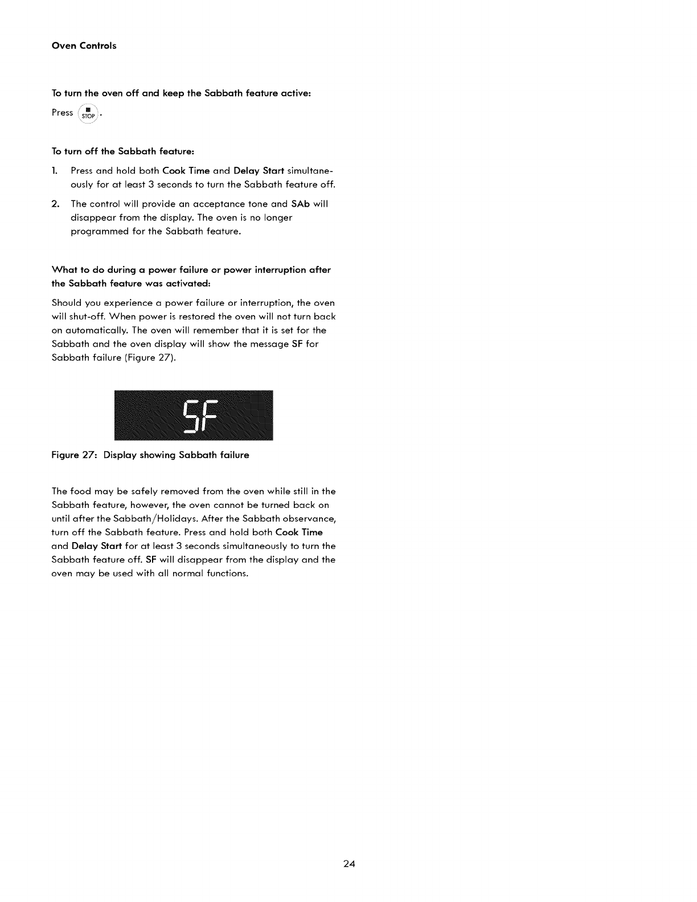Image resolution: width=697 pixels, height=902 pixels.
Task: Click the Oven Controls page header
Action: pyautogui.click(x=84, y=46)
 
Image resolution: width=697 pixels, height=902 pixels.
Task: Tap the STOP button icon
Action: pyautogui.click(x=88, y=114)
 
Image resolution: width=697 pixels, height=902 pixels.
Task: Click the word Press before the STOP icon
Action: pyautogui.click(x=62, y=113)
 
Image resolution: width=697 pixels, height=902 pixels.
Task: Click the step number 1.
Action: pyautogui.click(x=54, y=171)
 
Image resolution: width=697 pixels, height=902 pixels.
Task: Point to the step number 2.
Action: pyautogui.click(x=55, y=204)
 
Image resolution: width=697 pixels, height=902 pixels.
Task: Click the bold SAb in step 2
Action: pyautogui.click(x=300, y=204)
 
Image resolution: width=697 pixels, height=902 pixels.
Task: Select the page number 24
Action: pyautogui.click(x=349, y=864)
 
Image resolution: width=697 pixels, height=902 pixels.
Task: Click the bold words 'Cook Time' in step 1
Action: pyautogui.click(x=186, y=171)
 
